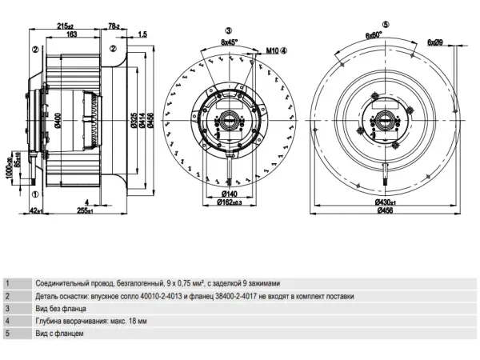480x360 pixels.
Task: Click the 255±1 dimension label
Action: click(x=84, y=211)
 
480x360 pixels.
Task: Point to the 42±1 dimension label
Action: click(x=34, y=211)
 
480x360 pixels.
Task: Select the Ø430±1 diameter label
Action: click(x=386, y=202)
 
